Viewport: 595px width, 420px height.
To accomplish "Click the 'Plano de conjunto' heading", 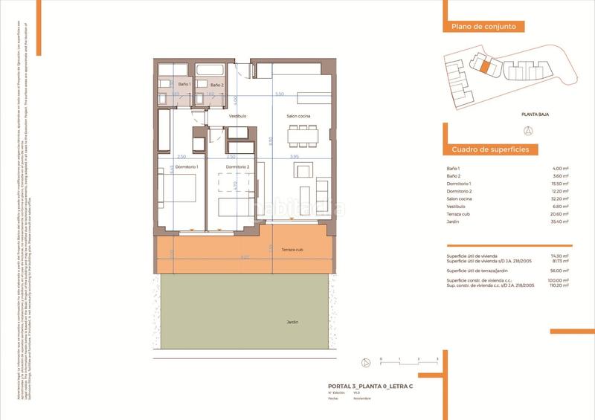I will [x=483, y=27].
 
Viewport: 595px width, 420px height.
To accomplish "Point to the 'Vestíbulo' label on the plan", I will [x=237, y=117].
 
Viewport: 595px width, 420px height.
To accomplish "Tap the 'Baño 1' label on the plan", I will [x=184, y=85].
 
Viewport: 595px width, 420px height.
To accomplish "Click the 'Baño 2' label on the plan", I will [x=216, y=85].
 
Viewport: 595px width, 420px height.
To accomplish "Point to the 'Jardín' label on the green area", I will [x=292, y=322].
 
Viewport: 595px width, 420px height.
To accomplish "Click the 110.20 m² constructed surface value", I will [x=559, y=285].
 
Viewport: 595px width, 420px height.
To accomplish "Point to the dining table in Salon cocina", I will [x=303, y=135].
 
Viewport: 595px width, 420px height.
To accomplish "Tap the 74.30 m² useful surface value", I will [x=561, y=256].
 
